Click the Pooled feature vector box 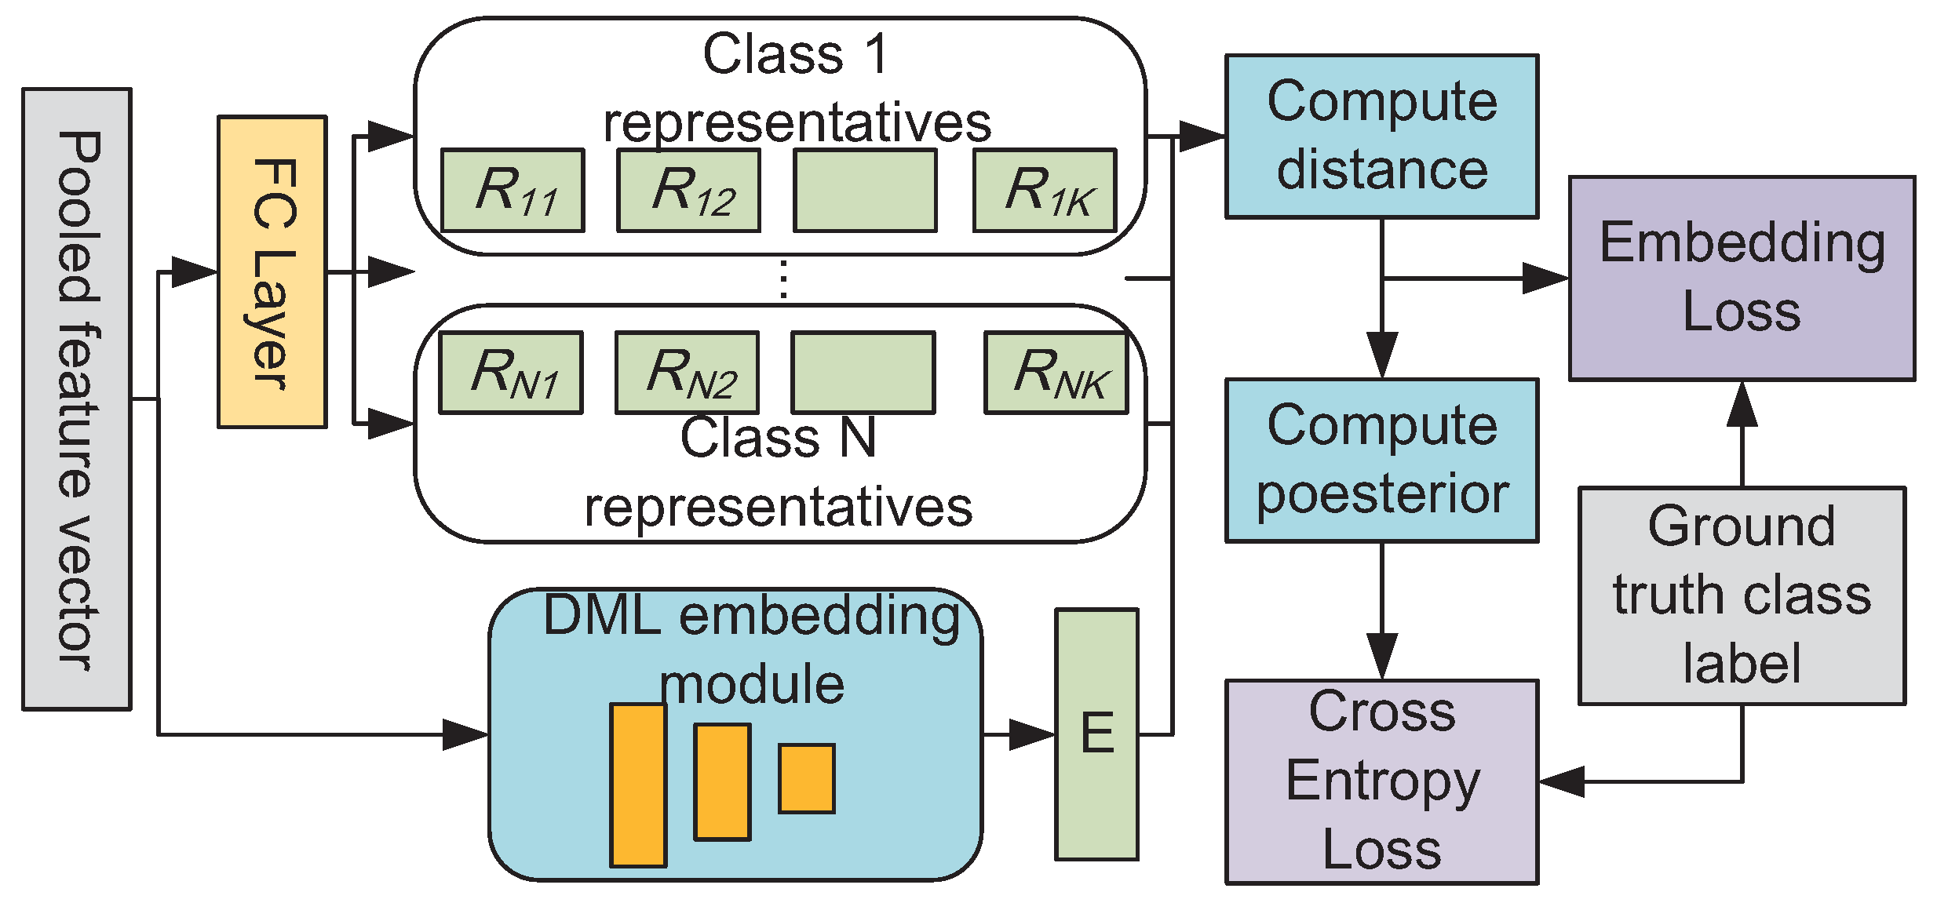pyautogui.click(x=76, y=399)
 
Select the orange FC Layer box pyautogui.click(x=272, y=271)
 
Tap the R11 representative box pyautogui.click(x=513, y=191)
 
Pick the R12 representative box pyautogui.click(x=688, y=191)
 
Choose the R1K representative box pyautogui.click(x=1044, y=191)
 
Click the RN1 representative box pyautogui.click(x=510, y=373)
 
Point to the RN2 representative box pyautogui.click(x=687, y=373)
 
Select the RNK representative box pyautogui.click(x=1056, y=373)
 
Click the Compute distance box pyautogui.click(x=1381, y=137)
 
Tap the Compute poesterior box pyautogui.click(x=1381, y=461)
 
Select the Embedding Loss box pyautogui.click(x=1742, y=279)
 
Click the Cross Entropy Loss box pyautogui.click(x=1381, y=781)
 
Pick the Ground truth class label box pyautogui.click(x=1742, y=595)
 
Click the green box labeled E pyautogui.click(x=1096, y=734)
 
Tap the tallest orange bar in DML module pyautogui.click(x=638, y=785)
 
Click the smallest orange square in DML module pyautogui.click(x=806, y=778)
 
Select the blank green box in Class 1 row pyautogui.click(x=865, y=191)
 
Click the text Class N pyautogui.click(x=777, y=438)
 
